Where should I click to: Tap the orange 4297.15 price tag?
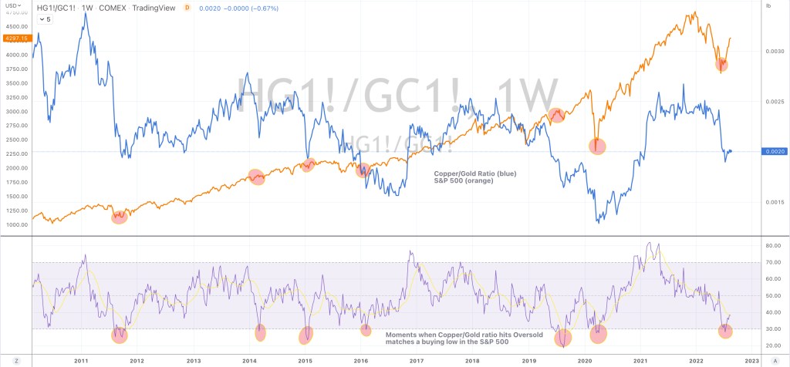point(15,38)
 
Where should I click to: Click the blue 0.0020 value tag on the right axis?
point(775,152)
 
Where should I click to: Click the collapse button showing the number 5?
point(44,19)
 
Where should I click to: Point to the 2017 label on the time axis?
point(417,360)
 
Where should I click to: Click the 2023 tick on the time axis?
point(751,360)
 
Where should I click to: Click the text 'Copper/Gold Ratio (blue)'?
point(472,174)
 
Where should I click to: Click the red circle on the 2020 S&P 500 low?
point(597,145)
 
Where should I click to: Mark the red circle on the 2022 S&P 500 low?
point(721,64)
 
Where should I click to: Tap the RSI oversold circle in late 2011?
point(119,335)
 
